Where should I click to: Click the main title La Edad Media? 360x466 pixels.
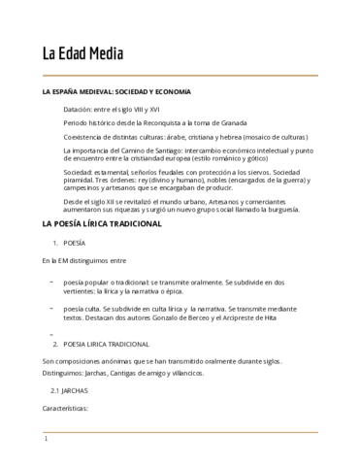pyautogui.click(x=82, y=52)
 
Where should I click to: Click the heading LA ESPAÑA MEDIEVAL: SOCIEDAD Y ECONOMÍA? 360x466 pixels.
pyautogui.click(x=116, y=91)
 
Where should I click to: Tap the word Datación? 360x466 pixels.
pyautogui.click(x=80, y=111)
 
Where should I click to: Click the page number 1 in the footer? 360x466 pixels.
pyautogui.click(x=46, y=439)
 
